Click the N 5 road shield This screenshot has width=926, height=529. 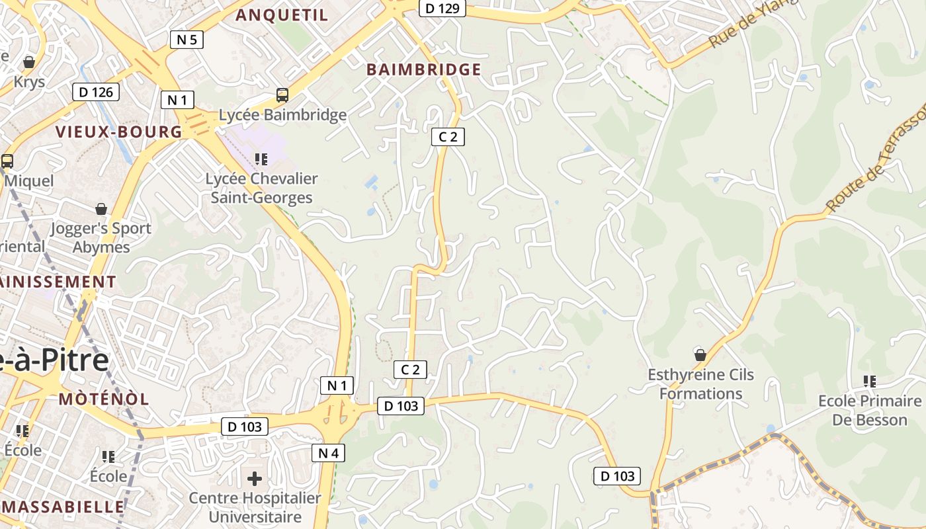(x=187, y=40)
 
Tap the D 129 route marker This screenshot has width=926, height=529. (x=442, y=9)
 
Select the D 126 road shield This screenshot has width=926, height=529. (x=96, y=92)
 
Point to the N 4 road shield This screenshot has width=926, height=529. (x=328, y=453)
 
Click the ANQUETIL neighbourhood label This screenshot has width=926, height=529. (x=282, y=15)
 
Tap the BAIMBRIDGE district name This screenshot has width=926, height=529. (x=423, y=69)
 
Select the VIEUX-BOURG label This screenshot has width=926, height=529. (x=119, y=132)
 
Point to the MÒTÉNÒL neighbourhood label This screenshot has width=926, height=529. (x=104, y=399)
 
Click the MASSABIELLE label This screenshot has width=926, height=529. (x=63, y=507)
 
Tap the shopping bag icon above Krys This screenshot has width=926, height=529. (x=28, y=63)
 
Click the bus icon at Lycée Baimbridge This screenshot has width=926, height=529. (x=282, y=95)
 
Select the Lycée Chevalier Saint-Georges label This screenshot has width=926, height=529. (x=261, y=188)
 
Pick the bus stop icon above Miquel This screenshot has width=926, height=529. (x=7, y=161)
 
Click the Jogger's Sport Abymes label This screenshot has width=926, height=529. (x=102, y=237)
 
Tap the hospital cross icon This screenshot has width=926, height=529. (x=255, y=478)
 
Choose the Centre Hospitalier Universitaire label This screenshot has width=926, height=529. (x=255, y=507)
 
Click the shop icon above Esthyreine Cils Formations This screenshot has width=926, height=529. (x=700, y=355)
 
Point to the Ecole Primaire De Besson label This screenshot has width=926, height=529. (x=869, y=410)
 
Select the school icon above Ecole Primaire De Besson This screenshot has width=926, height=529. (x=870, y=381)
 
